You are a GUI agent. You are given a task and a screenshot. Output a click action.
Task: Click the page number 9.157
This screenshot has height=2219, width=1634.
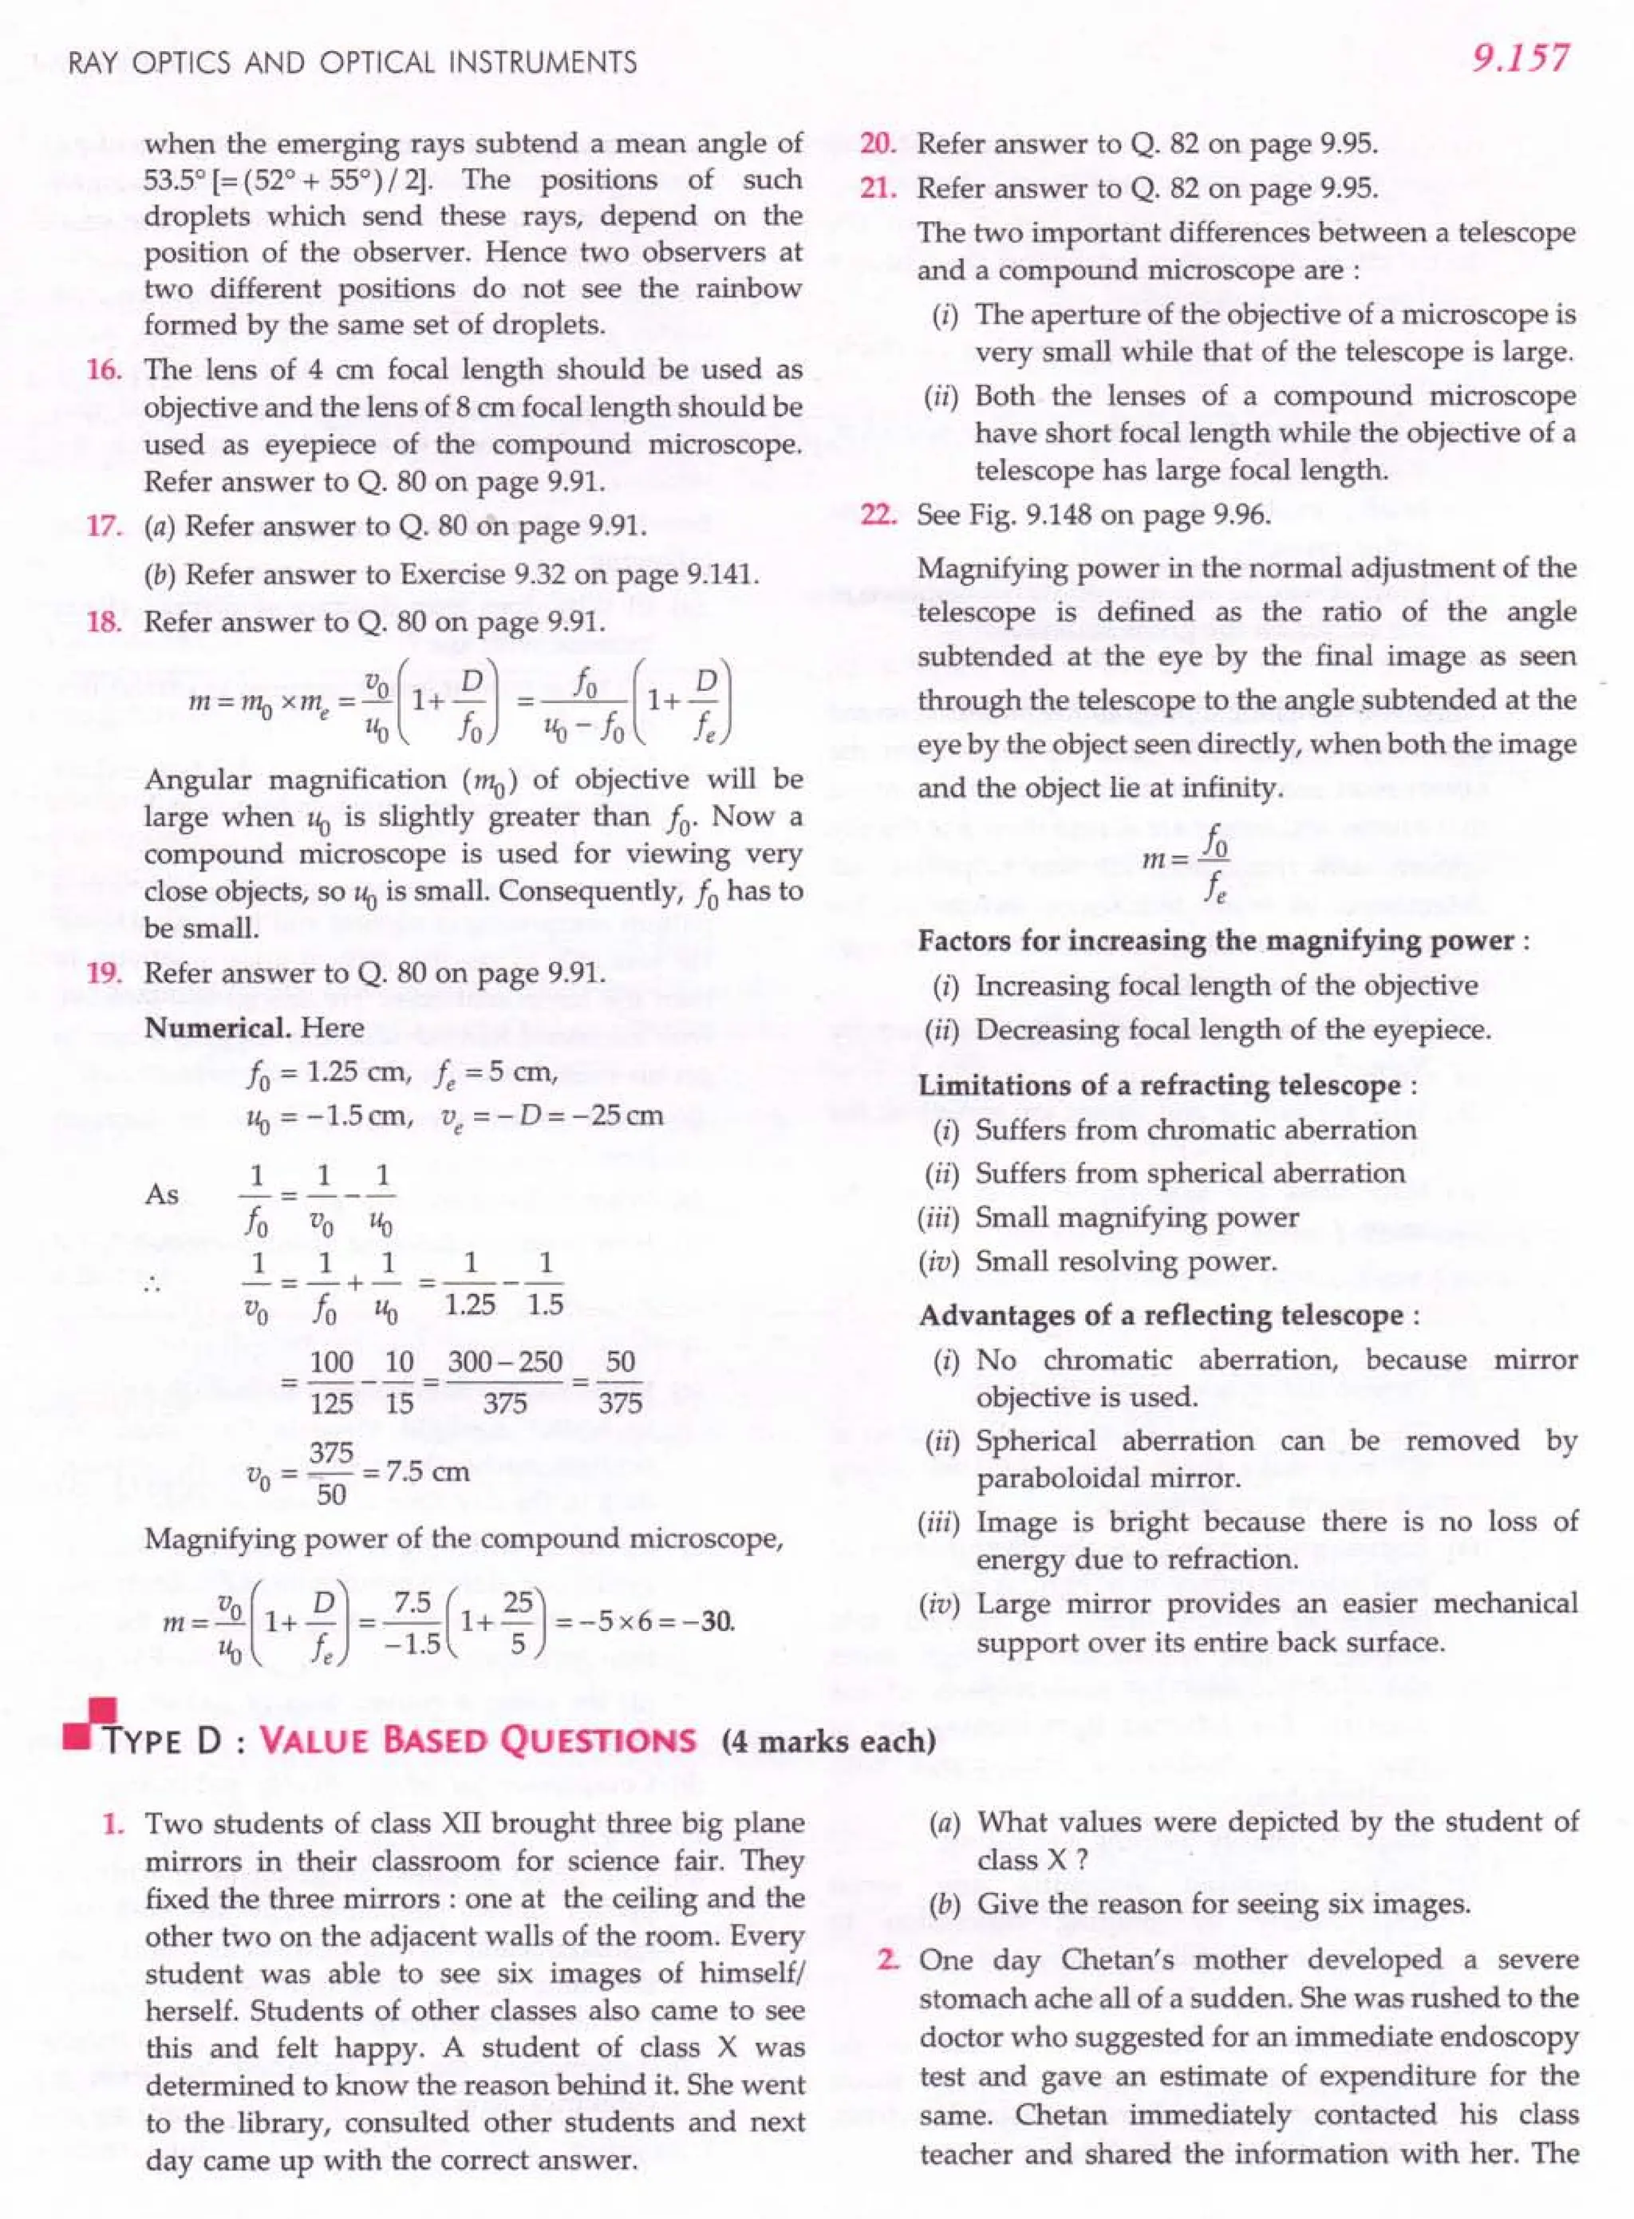1519,58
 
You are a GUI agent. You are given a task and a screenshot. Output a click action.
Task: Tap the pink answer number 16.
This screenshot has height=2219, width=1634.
104,370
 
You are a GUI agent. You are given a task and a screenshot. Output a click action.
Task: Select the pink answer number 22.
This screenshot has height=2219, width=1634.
878,515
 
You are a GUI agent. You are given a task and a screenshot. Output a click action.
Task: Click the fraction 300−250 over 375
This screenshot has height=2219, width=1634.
504,1382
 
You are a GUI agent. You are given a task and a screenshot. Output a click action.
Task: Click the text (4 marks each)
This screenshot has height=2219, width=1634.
829,1741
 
